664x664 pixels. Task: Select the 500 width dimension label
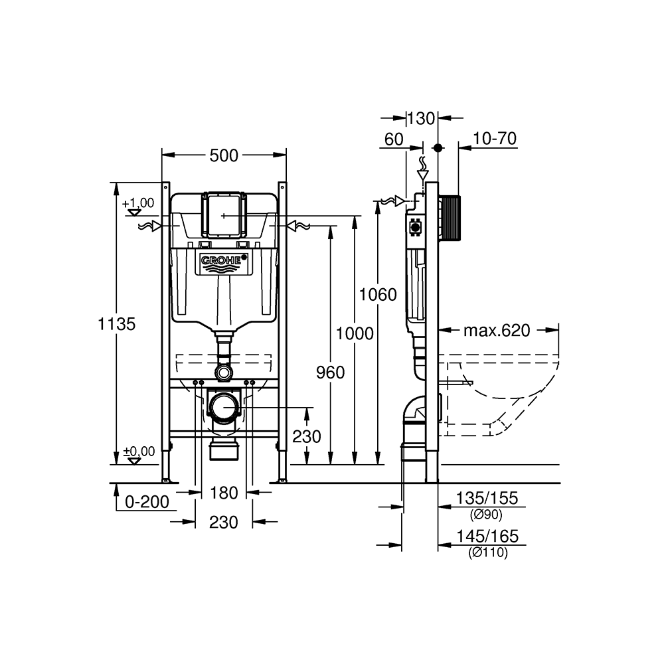click(224, 156)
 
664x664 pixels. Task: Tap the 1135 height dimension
click(116, 324)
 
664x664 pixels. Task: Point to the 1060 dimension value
click(378, 294)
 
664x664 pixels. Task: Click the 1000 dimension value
click(355, 334)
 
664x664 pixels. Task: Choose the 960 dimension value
click(330, 373)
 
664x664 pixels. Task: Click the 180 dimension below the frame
click(224, 493)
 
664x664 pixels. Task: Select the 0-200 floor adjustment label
click(147, 502)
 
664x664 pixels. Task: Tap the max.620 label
click(497, 330)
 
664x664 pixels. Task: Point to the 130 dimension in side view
click(421, 119)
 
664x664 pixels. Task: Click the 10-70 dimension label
click(495, 139)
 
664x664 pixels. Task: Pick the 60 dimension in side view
click(394, 139)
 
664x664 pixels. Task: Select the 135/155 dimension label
click(487, 499)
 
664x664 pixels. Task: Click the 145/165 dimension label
click(487, 537)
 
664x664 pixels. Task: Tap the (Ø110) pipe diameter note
click(488, 552)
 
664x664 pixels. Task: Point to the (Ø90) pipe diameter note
click(486, 515)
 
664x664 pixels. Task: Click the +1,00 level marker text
click(138, 203)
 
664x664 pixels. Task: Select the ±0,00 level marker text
click(139, 452)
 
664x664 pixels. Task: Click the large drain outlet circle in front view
click(224, 408)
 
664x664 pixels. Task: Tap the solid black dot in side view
click(438, 148)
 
